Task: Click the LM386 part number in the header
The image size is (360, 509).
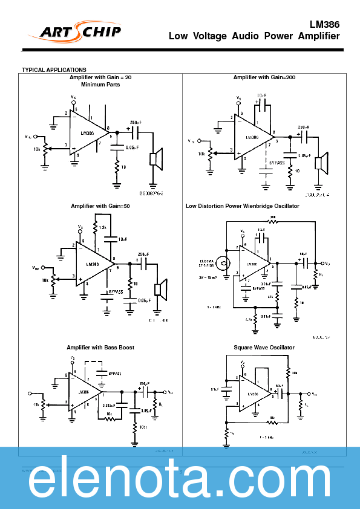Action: click(324, 25)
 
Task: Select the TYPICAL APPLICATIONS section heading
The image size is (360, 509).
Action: click(54, 70)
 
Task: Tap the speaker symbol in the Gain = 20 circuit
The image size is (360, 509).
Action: click(155, 158)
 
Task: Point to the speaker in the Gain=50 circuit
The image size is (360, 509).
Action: click(160, 289)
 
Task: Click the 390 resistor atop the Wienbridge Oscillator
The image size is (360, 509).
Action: click(272, 221)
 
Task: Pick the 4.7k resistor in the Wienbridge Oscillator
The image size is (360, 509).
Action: click(255, 318)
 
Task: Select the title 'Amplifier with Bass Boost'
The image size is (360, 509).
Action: click(100, 348)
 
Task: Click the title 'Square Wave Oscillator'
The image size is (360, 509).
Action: click(264, 348)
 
